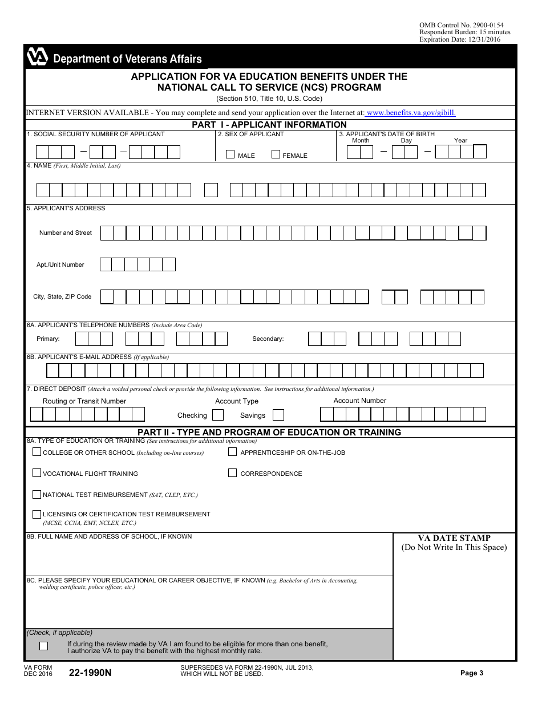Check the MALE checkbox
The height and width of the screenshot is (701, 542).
pos(230,154)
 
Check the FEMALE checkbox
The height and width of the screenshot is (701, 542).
pos(276,154)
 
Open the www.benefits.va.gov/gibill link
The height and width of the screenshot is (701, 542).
pos(411,113)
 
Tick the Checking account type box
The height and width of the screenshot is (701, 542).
pos(218,415)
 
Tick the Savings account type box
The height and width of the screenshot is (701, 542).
pos(278,415)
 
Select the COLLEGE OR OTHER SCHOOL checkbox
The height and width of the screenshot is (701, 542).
pos(37,452)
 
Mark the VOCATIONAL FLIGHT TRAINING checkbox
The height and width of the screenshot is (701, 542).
pos(37,473)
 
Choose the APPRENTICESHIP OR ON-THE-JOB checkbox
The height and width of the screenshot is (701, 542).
pos(233,452)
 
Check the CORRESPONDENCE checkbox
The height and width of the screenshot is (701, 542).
pos(233,473)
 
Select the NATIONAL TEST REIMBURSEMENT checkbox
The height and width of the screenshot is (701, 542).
pos(37,494)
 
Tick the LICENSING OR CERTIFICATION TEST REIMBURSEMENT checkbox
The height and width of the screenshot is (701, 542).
pos(37,513)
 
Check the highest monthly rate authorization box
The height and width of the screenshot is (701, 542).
pos(44,646)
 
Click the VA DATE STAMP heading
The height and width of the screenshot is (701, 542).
pos(454,538)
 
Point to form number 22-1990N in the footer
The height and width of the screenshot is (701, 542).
pos(90,673)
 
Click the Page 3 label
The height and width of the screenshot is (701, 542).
pos(472,673)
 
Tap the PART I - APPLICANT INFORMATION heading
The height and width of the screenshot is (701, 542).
pos(269,125)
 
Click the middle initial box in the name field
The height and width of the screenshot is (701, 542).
pos(211,190)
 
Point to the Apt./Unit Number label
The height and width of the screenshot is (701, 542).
pos(60,264)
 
